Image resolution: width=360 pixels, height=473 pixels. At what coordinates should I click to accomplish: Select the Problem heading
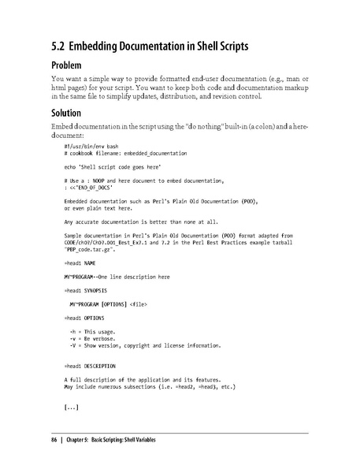pyautogui.click(x=71, y=65)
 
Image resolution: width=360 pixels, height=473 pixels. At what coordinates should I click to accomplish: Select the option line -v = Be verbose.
pyautogui.click(x=94, y=339)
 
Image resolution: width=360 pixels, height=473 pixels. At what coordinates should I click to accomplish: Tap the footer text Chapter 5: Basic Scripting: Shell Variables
pyautogui.click(x=113, y=439)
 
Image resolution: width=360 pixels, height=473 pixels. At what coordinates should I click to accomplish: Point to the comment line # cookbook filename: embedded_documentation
pyautogui.click(x=119, y=155)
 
